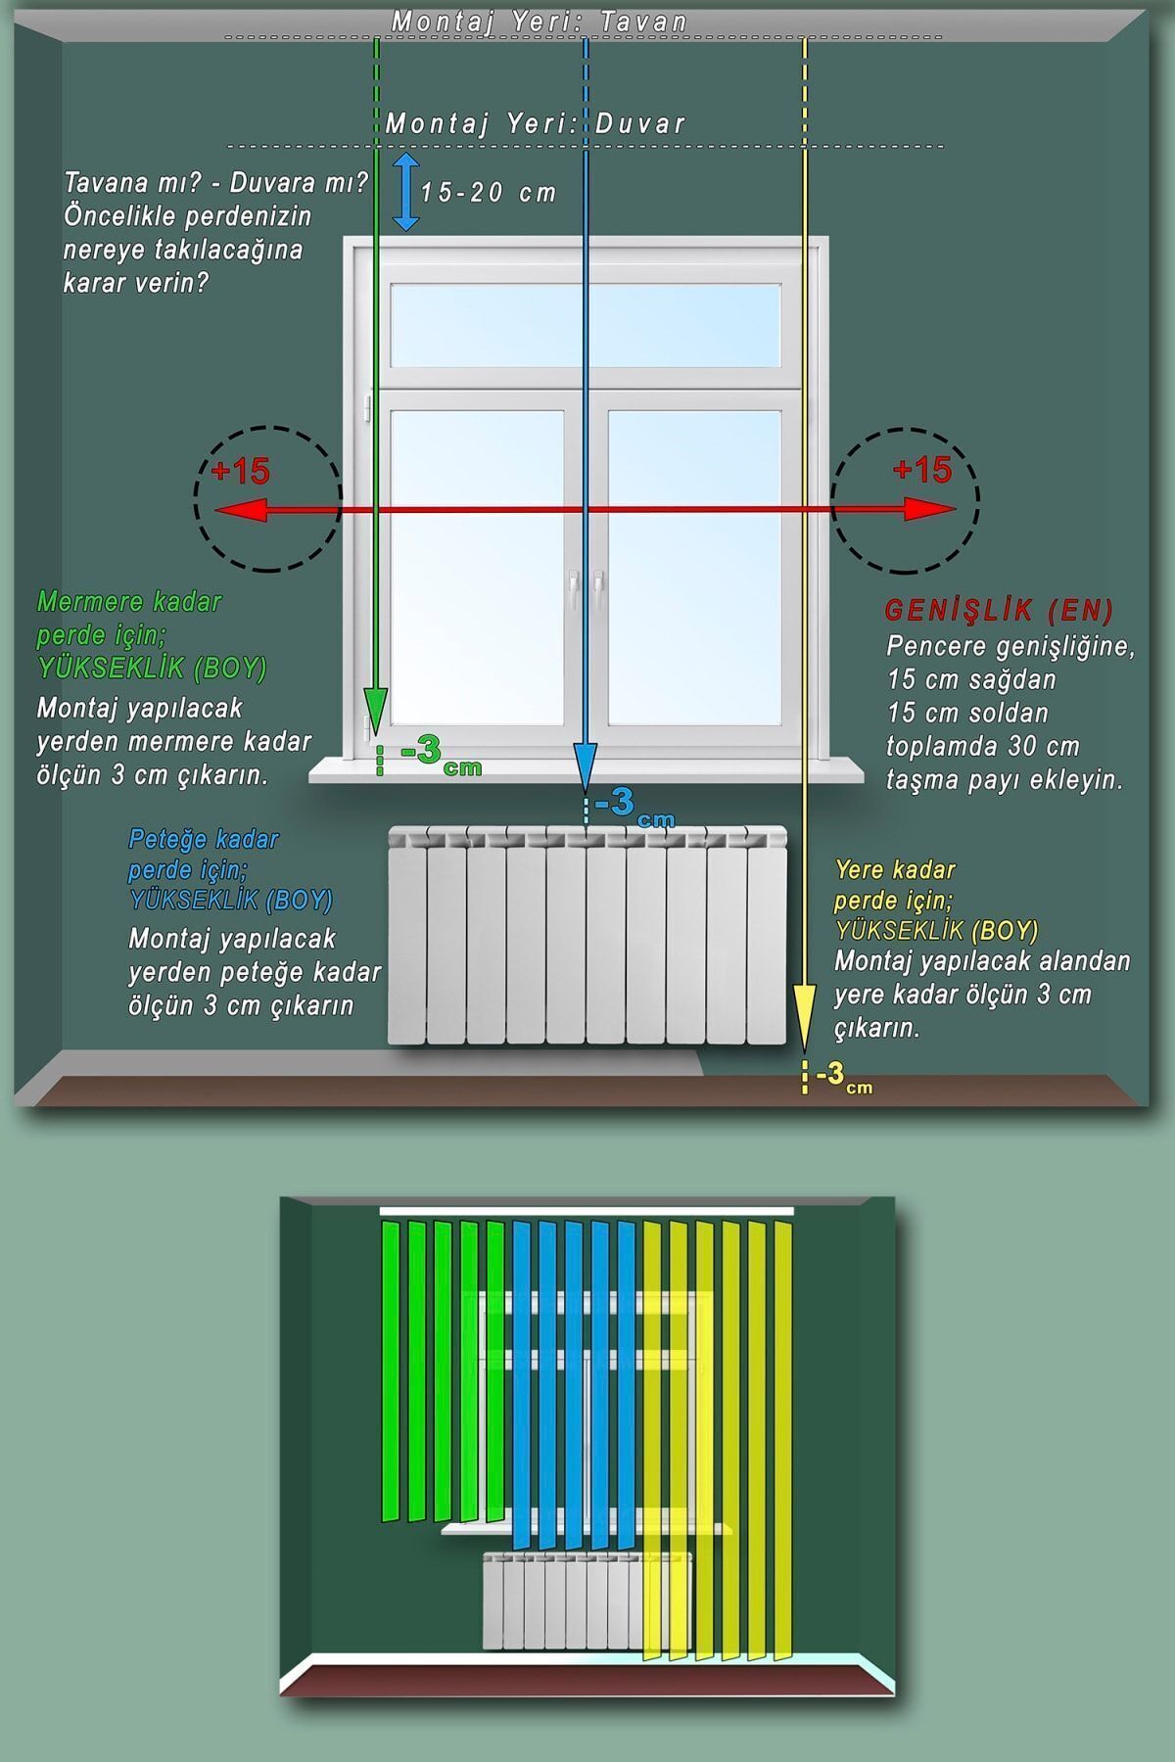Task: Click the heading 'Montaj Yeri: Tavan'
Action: [540, 21]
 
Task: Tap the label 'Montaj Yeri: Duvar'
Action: [536, 123]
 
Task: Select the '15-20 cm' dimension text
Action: [489, 192]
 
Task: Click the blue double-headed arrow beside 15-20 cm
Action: [406, 191]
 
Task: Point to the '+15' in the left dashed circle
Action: [240, 471]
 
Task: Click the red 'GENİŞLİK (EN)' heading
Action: [999, 611]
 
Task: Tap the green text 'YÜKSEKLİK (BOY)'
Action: [152, 668]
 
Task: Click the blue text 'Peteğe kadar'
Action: [204, 840]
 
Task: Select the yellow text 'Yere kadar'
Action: [895, 869]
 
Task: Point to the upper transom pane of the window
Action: [586, 325]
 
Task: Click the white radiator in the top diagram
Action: [587, 935]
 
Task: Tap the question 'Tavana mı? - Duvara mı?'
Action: [215, 183]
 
